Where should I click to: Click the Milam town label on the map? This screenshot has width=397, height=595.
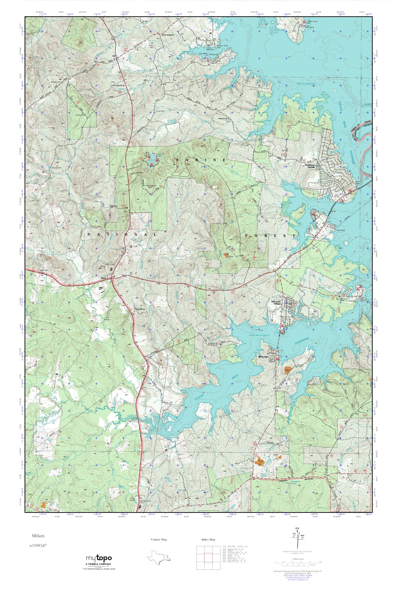click(x=103, y=278)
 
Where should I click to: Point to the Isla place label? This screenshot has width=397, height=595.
click(x=114, y=56)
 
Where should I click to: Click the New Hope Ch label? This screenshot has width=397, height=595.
click(x=117, y=85)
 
